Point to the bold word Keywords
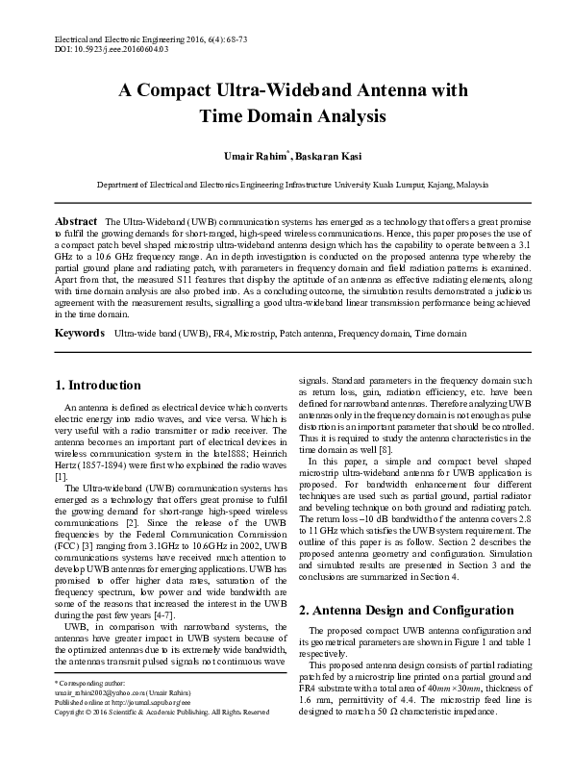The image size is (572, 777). [79, 333]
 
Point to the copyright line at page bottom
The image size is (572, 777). [161, 711]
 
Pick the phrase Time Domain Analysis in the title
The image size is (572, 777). [286, 116]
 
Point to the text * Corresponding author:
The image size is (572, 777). [86, 682]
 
